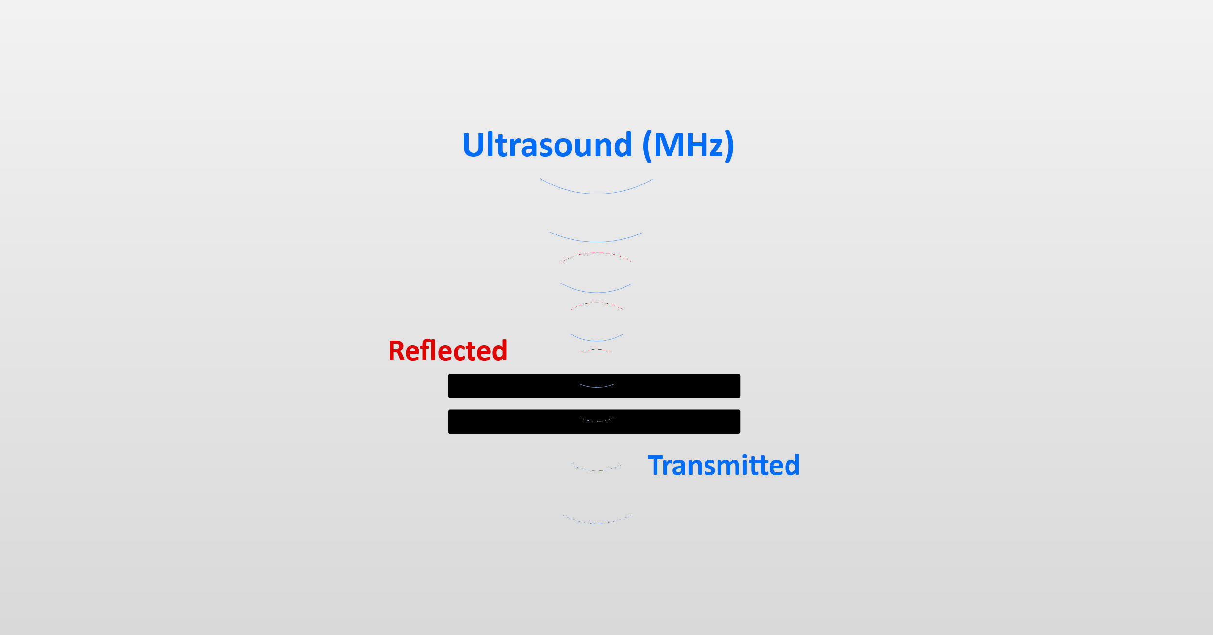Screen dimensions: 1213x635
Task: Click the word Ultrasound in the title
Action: point(547,145)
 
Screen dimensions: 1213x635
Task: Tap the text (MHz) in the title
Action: point(688,146)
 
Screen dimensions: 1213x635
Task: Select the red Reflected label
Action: point(447,351)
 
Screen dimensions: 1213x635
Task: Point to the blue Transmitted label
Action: point(723,465)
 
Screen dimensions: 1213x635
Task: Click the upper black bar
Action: point(594,386)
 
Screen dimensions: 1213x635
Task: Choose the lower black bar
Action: point(594,421)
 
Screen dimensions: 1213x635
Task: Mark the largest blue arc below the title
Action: point(596,186)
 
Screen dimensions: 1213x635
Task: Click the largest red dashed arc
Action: point(596,257)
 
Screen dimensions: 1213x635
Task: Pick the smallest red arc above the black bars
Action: point(596,351)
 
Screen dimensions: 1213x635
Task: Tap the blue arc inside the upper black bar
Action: point(596,386)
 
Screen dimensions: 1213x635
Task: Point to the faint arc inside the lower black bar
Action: point(596,419)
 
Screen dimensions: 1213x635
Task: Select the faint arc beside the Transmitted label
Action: point(596,468)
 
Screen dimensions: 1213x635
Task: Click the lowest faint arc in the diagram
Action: point(597,519)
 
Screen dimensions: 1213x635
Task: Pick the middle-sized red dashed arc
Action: point(597,306)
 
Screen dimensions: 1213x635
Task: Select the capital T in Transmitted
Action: point(657,466)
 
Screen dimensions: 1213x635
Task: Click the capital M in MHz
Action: point(669,145)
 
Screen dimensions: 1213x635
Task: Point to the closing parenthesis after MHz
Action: point(729,146)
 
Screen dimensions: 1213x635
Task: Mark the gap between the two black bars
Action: point(594,404)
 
